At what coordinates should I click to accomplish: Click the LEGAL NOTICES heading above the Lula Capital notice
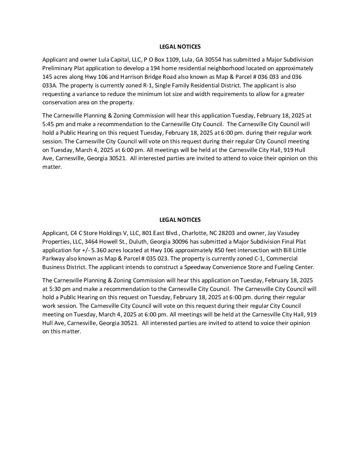pos(180,47)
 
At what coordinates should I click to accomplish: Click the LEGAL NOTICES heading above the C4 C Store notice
pos(180,220)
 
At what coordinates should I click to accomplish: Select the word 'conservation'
pos(58,102)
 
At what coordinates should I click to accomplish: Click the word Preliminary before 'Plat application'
pos(55,68)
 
